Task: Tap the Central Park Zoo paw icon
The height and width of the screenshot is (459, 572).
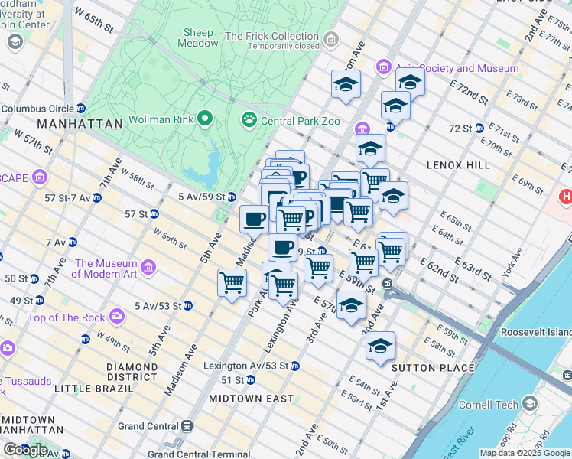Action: [249, 119]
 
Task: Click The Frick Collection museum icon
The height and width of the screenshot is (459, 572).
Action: [330, 38]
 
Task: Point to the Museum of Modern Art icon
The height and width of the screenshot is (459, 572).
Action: [148, 268]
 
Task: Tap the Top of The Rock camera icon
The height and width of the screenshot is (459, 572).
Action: [117, 315]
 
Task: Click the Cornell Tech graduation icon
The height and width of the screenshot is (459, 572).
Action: [530, 405]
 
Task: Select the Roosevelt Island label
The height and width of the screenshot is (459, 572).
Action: [535, 333]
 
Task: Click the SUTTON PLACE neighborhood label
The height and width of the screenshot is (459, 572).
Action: [422, 368]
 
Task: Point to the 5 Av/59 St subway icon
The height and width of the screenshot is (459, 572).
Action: [231, 197]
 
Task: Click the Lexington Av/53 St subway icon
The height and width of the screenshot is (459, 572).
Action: [294, 366]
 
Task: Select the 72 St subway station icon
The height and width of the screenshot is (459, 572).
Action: [479, 128]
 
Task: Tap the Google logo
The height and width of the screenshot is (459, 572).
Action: [24, 449]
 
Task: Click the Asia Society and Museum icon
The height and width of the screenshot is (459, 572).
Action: [383, 69]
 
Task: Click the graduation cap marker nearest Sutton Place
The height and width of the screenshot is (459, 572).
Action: [380, 346]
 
